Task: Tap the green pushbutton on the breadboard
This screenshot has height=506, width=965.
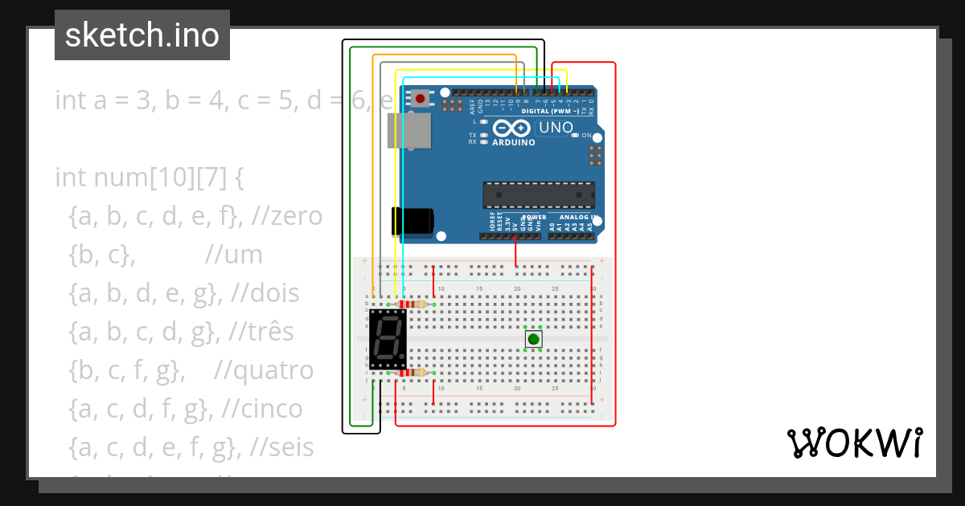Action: [x=533, y=339]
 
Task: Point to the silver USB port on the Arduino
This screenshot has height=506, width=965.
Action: [x=409, y=130]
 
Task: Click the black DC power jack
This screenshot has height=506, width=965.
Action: [x=411, y=222]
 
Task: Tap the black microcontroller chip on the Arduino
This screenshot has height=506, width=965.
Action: [x=538, y=195]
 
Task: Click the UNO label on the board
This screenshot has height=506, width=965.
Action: [x=556, y=128]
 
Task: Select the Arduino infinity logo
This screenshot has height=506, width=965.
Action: [x=511, y=128]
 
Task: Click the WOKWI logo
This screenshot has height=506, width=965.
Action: [x=853, y=443]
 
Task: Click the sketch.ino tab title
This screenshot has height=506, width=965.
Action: [x=142, y=35]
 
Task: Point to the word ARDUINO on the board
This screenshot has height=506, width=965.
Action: [x=513, y=142]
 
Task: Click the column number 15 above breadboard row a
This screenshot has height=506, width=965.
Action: [x=478, y=289]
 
